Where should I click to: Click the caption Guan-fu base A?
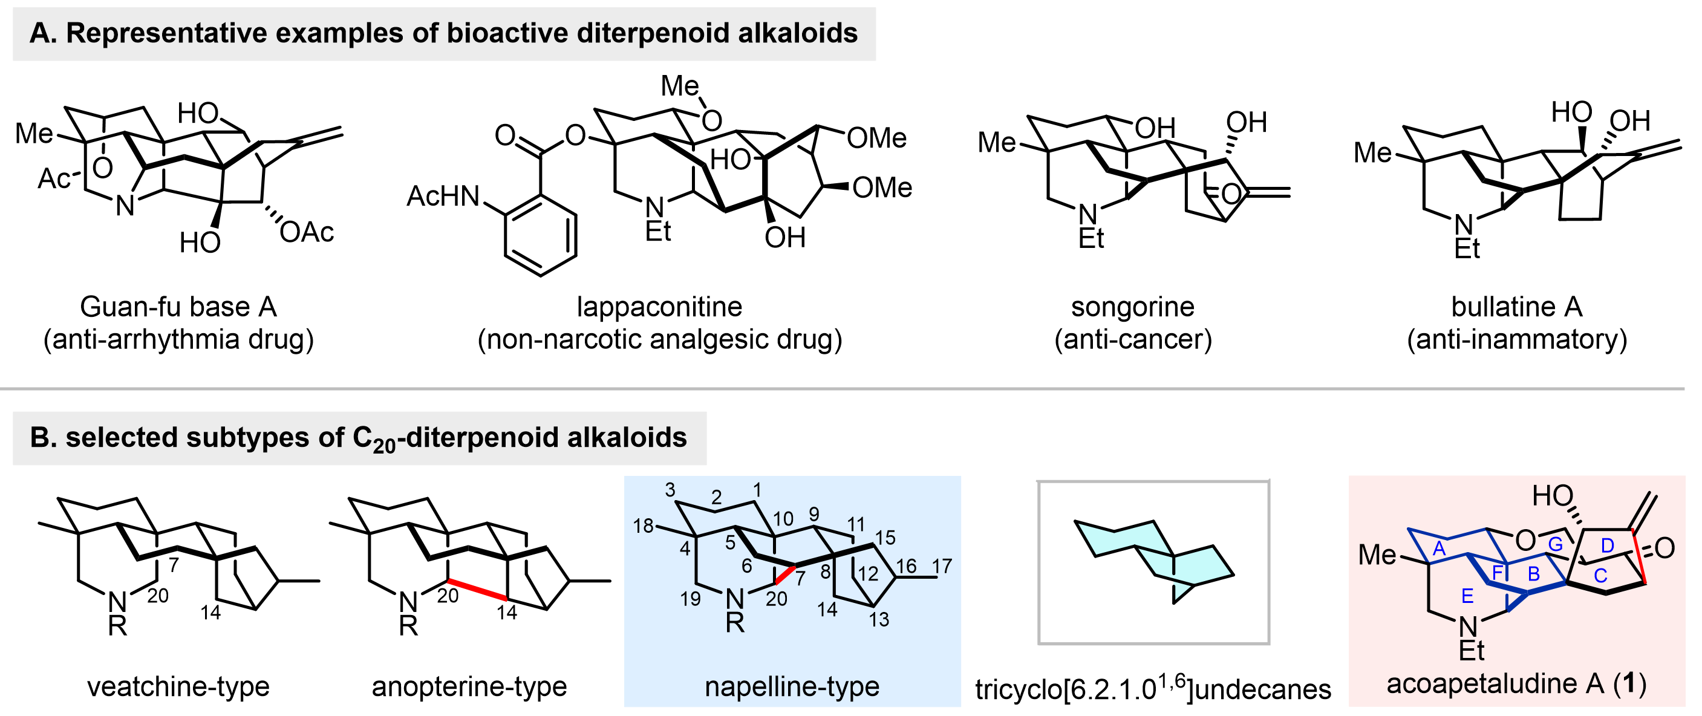coord(178,307)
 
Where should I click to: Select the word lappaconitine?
coord(659,307)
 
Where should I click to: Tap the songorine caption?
coord(1132,307)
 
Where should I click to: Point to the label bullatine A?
coord(1516,307)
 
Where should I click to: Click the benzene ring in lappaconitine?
coord(541,235)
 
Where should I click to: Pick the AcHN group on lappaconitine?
coord(443,196)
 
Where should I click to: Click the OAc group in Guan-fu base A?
coord(307,232)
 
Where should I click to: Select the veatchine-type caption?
coord(178,687)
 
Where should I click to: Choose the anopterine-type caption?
coord(469,687)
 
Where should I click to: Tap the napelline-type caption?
coord(792,687)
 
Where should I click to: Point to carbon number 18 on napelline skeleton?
coord(643,527)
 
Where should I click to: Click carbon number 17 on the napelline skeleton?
coord(942,566)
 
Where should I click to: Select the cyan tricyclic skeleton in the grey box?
coord(1153,561)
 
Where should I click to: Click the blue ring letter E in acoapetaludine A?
coord(1467,596)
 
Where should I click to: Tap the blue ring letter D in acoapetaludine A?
coord(1608,545)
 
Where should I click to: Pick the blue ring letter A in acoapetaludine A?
coord(1440,549)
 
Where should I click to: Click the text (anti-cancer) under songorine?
coord(1132,339)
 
